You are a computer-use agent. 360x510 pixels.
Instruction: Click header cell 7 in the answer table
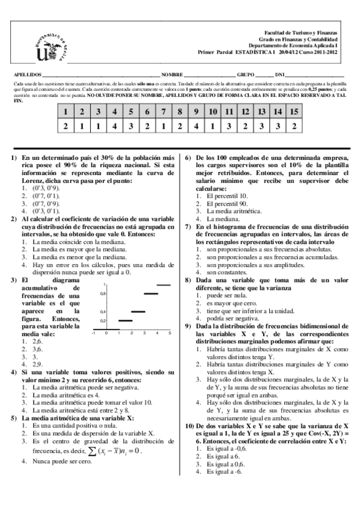coord(163,112)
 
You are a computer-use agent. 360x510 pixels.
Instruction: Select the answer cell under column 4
coord(114,126)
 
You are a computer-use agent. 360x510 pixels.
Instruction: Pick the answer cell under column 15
coord(294,126)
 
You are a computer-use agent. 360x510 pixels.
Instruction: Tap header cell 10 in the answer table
coord(213,112)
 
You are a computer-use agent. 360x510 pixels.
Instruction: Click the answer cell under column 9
coord(196,126)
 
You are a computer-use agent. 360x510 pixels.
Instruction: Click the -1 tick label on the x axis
coord(93,333)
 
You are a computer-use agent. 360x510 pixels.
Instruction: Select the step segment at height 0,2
coord(125,321)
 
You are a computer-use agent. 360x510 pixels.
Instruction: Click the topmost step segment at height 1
coord(163,284)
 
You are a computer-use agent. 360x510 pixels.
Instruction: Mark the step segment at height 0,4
coord(138,312)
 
